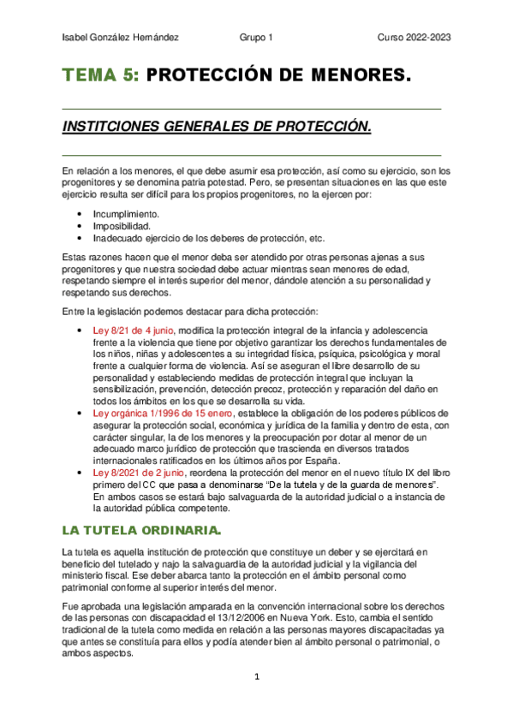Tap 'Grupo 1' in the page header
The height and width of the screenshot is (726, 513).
[256, 38]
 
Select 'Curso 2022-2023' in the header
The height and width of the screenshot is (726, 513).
[415, 38]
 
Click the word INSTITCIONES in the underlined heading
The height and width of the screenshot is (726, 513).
[105, 127]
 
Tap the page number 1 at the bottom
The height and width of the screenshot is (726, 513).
[255, 676]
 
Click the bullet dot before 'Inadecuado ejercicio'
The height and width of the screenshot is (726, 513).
[80, 238]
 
